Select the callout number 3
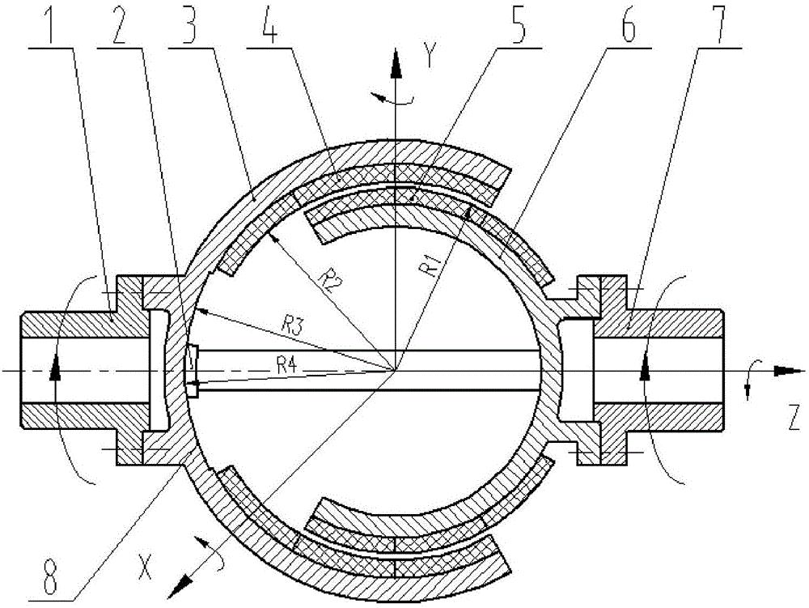point(189,24)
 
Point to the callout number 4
point(268,24)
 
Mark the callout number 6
point(628,24)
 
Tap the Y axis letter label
point(428,56)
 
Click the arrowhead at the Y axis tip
point(396,63)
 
